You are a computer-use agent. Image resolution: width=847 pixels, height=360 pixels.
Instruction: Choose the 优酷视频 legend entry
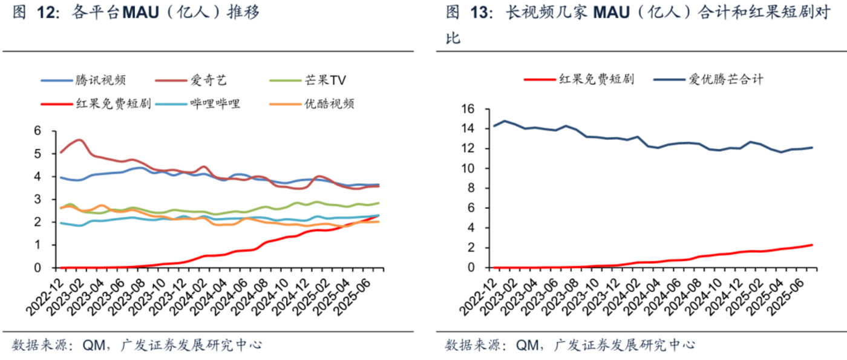coord(330,103)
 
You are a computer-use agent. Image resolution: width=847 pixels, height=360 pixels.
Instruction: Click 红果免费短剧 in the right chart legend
coord(596,79)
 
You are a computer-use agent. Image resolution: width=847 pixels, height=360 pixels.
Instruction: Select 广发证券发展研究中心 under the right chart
coord(620,345)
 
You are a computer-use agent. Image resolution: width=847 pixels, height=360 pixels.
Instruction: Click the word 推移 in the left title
coord(243,11)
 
